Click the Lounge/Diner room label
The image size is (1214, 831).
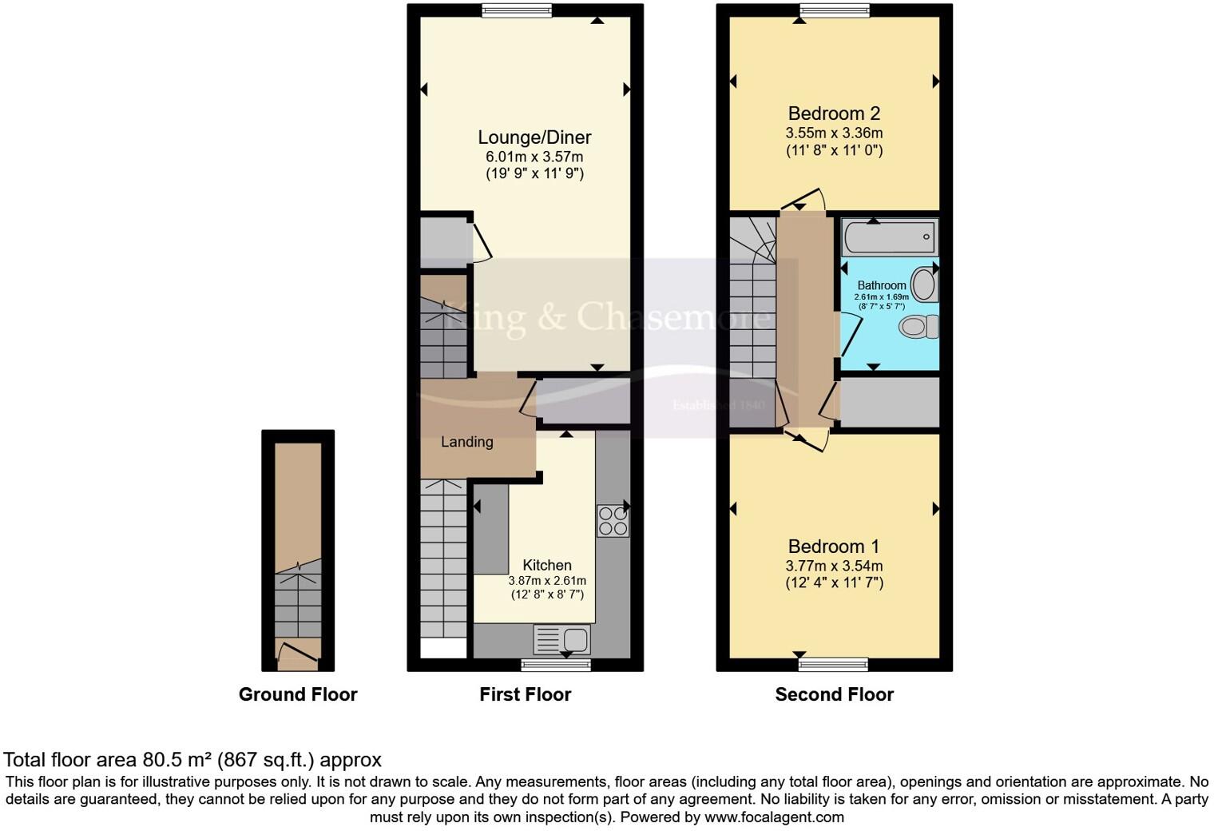534,137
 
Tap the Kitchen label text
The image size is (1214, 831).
547,565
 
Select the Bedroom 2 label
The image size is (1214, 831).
834,113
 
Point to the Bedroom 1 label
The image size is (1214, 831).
834,547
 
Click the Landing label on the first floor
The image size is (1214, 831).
467,442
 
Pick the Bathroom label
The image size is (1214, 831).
882,285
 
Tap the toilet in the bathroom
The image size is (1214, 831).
919,326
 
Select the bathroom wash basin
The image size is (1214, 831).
924,285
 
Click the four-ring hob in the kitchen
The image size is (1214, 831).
613,521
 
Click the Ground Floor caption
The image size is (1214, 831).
298,694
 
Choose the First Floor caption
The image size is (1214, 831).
525,694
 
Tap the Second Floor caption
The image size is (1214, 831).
834,694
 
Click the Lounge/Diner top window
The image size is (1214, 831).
517,10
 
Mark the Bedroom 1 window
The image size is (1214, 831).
833,664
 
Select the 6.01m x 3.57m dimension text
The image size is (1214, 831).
534,157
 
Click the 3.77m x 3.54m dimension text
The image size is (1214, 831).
834,566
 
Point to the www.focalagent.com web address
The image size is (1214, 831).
774,817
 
